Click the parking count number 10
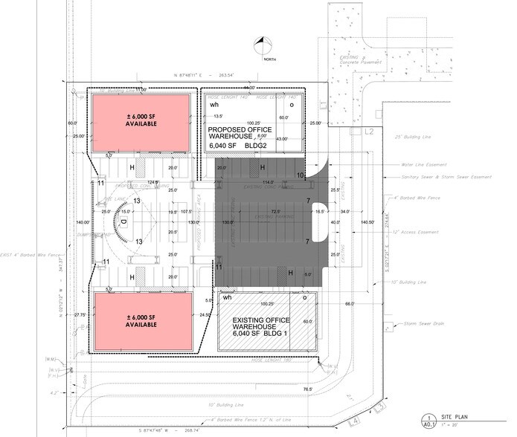(301, 176)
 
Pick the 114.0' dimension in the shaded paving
(268, 183)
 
